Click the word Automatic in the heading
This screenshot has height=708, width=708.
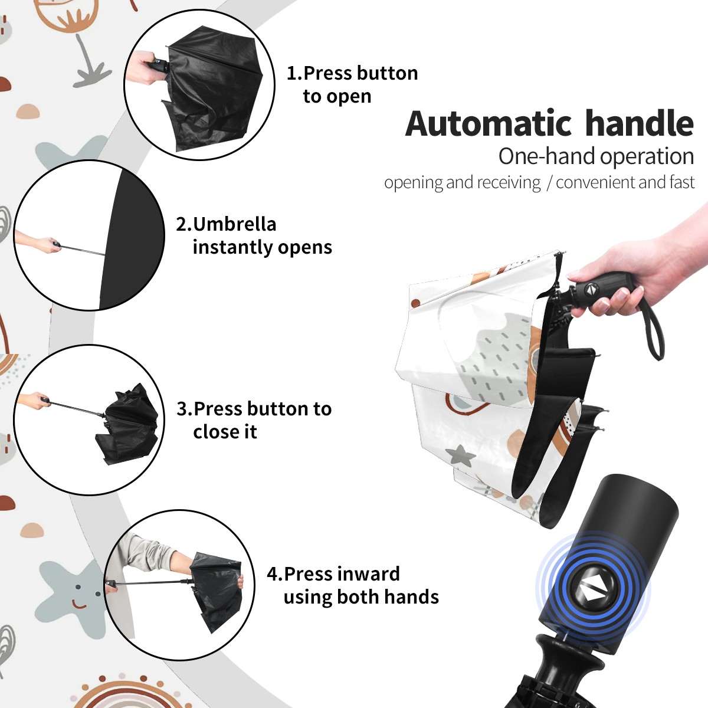point(489,124)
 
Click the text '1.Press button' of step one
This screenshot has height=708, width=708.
point(352,73)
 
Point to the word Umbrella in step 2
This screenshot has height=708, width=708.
point(234,224)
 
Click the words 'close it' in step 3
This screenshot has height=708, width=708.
point(225,431)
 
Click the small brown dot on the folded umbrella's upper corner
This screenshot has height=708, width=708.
point(415,303)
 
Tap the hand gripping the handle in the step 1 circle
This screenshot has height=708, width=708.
point(143,68)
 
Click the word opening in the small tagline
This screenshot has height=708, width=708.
point(413,182)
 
